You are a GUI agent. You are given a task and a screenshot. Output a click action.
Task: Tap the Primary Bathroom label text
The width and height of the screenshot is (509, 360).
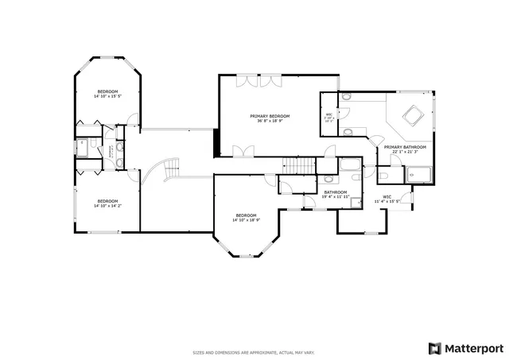(x=405, y=147)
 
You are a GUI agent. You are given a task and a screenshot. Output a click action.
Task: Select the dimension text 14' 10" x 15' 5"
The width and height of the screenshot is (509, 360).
(x=107, y=97)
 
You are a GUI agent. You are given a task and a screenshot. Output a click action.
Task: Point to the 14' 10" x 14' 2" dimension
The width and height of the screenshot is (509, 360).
(x=107, y=206)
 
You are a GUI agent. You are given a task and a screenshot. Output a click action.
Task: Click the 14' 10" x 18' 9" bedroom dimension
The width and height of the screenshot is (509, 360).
(x=246, y=220)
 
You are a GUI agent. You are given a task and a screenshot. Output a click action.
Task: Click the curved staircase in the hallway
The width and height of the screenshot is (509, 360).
(x=165, y=168)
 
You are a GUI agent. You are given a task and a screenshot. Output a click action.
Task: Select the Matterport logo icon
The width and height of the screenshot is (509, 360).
(x=433, y=348)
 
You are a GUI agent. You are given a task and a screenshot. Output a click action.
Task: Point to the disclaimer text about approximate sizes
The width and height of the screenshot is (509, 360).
(x=254, y=352)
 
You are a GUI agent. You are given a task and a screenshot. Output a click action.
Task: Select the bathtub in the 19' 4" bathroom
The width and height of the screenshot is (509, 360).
(x=349, y=167)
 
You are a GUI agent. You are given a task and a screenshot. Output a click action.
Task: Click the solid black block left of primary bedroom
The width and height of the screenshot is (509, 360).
(x=216, y=141)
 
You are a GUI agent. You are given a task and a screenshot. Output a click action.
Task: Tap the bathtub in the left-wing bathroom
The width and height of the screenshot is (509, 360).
(x=82, y=147)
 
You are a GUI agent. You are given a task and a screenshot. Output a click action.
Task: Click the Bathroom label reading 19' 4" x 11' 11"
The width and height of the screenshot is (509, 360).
(x=336, y=195)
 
